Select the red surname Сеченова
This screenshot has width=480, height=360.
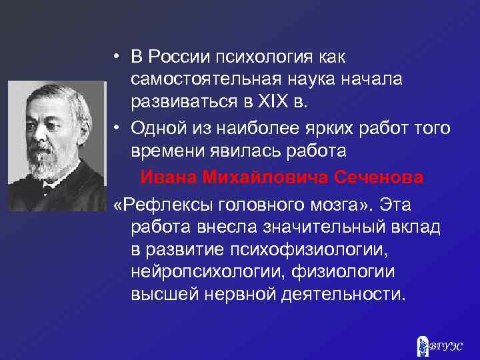(379, 178)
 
